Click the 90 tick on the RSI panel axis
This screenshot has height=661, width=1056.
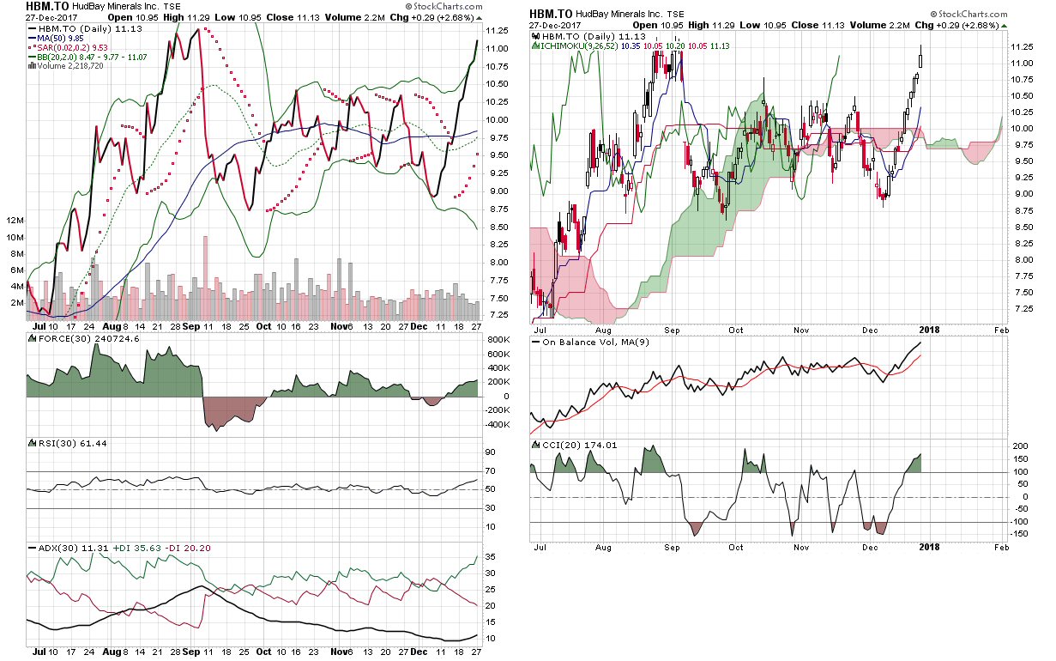click(491, 452)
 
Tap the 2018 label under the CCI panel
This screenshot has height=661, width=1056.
click(933, 546)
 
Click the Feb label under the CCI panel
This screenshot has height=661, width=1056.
click(1001, 546)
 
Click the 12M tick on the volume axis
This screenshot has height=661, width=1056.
click(15, 221)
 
